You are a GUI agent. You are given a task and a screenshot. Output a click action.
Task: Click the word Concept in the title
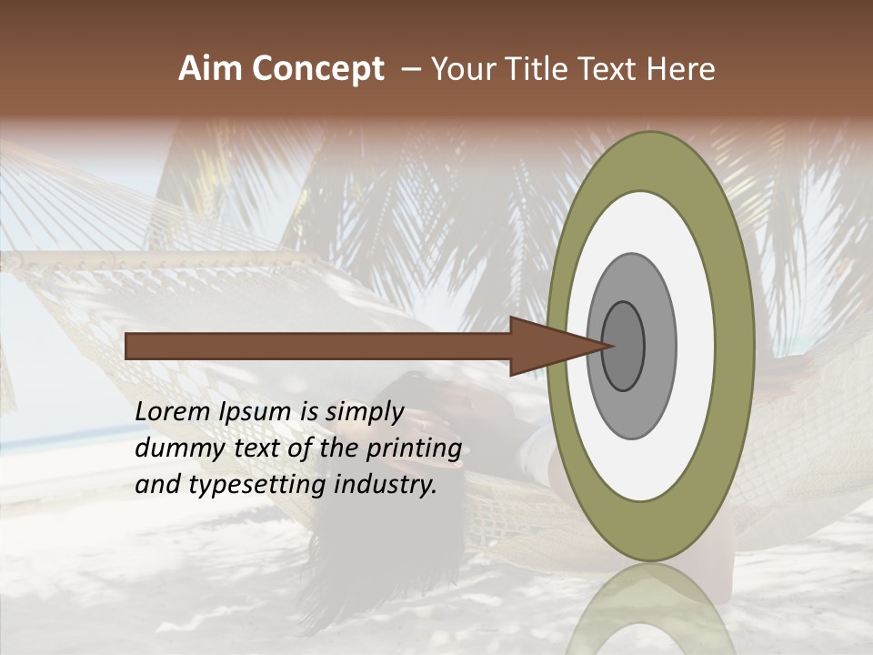tap(317, 68)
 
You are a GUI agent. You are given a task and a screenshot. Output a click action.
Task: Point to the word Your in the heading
tap(464, 68)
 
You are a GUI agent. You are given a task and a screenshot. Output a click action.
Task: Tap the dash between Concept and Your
tap(410, 68)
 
